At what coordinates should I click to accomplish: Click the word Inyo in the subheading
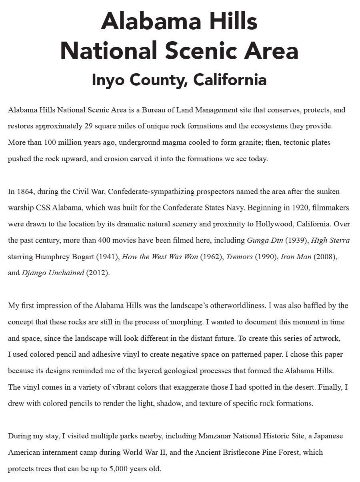pos(108,80)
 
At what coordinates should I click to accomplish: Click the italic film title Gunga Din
pos(264,240)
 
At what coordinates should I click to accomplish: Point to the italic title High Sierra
pos(330,240)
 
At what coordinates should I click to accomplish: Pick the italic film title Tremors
pos(239,257)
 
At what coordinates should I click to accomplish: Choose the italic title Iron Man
pos(296,257)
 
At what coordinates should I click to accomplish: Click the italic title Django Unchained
pos(53,273)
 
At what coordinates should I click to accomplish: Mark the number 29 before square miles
pos(89,126)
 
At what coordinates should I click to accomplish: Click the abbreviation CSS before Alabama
pos(44,208)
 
